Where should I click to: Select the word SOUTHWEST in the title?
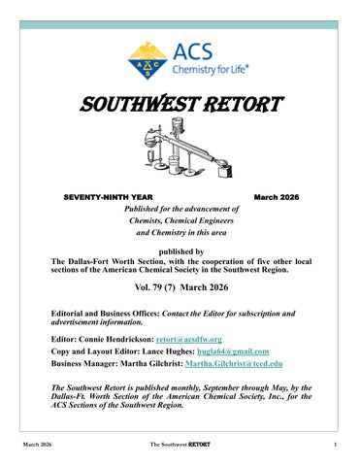[130, 103]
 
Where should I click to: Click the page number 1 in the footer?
[333, 446]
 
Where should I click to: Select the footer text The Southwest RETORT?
[180, 446]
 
